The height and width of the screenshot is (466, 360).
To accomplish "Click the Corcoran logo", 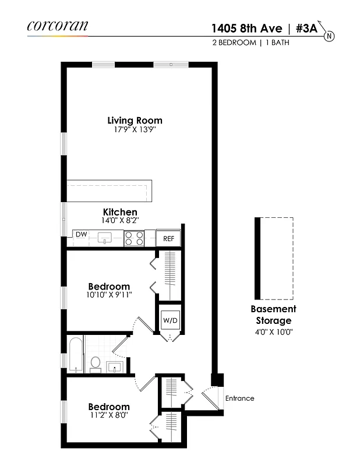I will [57, 26].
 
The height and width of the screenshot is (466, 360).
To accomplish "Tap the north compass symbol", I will [329, 36].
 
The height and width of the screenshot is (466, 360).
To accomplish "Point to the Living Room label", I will [135, 121].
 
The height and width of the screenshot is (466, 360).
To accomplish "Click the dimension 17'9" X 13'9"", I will [135, 129].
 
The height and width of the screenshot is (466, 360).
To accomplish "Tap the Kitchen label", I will [120, 212].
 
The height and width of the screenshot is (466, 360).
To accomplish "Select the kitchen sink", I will [105, 238].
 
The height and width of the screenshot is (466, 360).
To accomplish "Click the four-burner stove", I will [134, 238].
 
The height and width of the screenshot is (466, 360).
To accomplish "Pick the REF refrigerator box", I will [168, 238].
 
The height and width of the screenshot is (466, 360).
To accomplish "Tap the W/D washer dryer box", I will [170, 320].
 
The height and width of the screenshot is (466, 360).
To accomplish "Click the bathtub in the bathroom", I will [76, 355].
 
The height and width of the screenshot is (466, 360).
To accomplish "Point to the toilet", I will [95, 364].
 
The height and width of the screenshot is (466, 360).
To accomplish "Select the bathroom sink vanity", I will [115, 366].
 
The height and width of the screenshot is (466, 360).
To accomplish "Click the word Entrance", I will [240, 398].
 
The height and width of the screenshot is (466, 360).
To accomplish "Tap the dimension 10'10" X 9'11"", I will [109, 295].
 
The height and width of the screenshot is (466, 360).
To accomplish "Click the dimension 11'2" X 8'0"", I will [109, 415].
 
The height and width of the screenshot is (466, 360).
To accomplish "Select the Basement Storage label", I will [273, 315].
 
